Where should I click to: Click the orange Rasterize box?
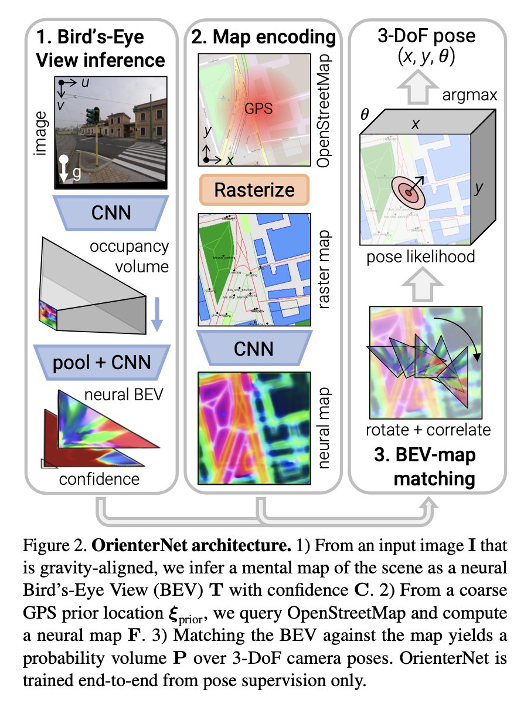(254, 190)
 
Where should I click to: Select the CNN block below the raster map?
(254, 349)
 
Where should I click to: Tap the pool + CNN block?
(102, 362)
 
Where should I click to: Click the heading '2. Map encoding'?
(264, 39)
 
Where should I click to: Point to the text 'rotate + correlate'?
(428, 430)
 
